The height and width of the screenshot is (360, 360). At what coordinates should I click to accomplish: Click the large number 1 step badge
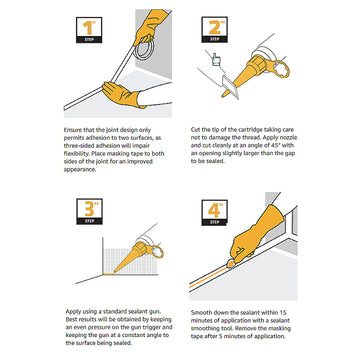click(89, 30)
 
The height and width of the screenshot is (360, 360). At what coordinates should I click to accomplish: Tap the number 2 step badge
click(214, 29)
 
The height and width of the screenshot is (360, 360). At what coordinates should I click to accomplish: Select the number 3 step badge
click(89, 211)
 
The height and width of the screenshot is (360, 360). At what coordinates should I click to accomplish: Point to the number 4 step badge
click(215, 212)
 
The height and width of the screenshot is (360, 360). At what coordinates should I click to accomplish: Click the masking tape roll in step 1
click(145, 49)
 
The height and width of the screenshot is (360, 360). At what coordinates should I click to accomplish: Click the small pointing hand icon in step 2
click(216, 61)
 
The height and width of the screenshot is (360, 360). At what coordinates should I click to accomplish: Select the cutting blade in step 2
click(231, 86)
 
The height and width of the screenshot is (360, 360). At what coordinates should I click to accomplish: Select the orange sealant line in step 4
click(209, 277)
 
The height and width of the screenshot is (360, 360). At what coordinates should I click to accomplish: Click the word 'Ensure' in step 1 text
click(72, 130)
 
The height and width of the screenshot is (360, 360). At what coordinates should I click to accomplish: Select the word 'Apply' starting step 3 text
click(73, 312)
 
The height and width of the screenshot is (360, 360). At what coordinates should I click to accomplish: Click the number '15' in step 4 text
click(282, 313)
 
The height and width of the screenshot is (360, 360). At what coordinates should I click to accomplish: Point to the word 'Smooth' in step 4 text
click(201, 313)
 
